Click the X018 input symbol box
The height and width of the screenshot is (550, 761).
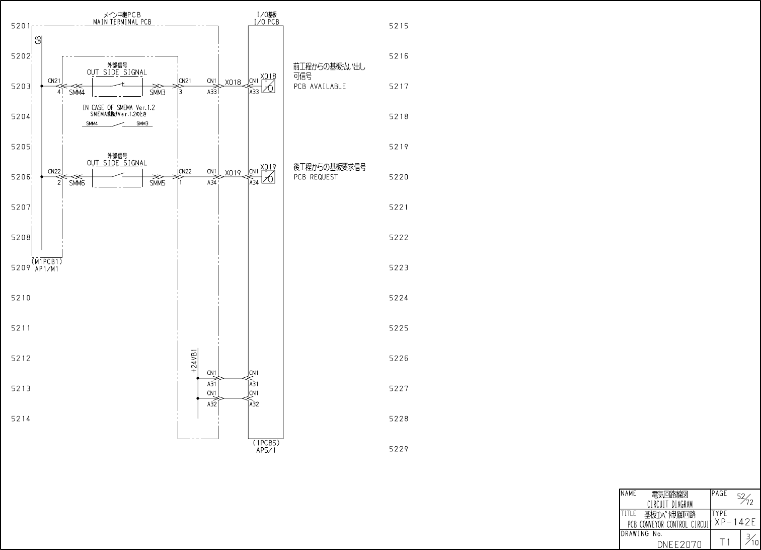[x=268, y=86]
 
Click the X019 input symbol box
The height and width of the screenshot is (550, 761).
[x=268, y=177]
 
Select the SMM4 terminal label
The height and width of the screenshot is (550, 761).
[x=77, y=93]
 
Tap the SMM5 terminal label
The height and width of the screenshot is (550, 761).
[x=157, y=183]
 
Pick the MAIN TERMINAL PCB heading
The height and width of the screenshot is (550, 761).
[x=122, y=22]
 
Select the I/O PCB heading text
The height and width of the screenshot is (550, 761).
[x=266, y=22]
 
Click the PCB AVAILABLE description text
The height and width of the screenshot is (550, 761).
[x=320, y=87]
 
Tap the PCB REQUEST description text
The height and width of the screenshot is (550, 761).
[x=316, y=177]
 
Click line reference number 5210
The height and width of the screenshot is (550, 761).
[x=21, y=298]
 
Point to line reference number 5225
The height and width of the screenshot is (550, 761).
[x=399, y=328]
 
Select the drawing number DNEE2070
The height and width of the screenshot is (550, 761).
[x=679, y=544]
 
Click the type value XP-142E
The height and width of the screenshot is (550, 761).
[x=735, y=522]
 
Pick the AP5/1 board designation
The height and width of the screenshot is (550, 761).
[x=266, y=450]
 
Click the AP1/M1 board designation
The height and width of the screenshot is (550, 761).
[x=47, y=269]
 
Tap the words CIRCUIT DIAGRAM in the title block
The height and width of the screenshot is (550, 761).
[x=669, y=504]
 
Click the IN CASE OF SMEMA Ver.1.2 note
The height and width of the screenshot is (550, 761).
[x=119, y=108]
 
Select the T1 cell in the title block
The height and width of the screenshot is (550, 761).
[x=725, y=542]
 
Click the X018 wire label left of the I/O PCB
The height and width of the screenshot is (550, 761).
[x=233, y=82]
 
